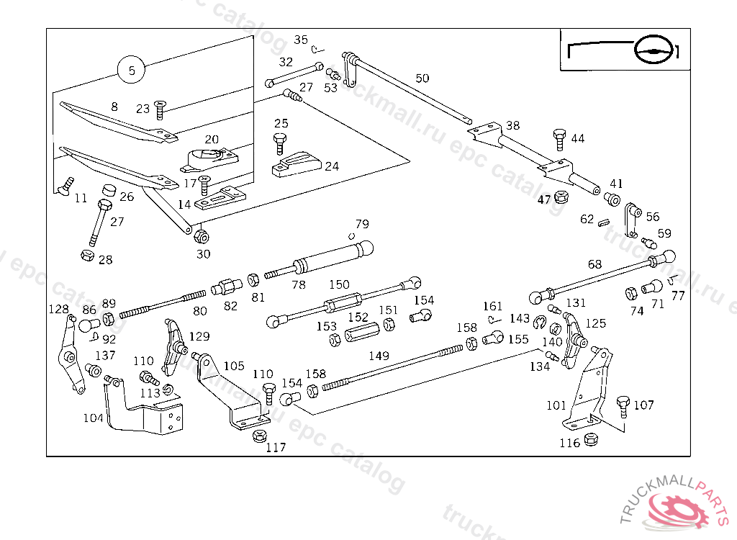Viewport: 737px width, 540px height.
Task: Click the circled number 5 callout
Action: pyautogui.click(x=131, y=71)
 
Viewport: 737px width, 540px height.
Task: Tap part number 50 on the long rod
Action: pyautogui.click(x=422, y=78)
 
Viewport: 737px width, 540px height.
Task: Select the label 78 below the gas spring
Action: pyautogui.click(x=299, y=285)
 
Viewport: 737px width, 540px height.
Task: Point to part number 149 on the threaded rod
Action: pyautogui.click(x=379, y=356)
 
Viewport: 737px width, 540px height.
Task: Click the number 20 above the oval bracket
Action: pyautogui.click(x=211, y=139)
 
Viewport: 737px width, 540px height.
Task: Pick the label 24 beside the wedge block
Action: pyautogui.click(x=331, y=166)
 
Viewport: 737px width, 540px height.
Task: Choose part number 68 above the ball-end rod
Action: pyautogui.click(x=594, y=264)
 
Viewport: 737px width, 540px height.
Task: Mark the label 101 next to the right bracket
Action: pyautogui.click(x=556, y=405)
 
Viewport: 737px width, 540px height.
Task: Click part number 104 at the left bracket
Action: pyautogui.click(x=94, y=418)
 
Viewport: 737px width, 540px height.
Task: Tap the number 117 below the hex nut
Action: pyautogui.click(x=276, y=448)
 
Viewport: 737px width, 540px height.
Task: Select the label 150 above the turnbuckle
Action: pyautogui.click(x=339, y=285)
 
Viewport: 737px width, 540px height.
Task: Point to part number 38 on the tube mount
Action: pyautogui.click(x=512, y=125)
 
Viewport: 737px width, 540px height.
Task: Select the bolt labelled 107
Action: pyautogui.click(x=623, y=407)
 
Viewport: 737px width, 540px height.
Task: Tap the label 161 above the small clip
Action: pyautogui.click(x=493, y=307)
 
